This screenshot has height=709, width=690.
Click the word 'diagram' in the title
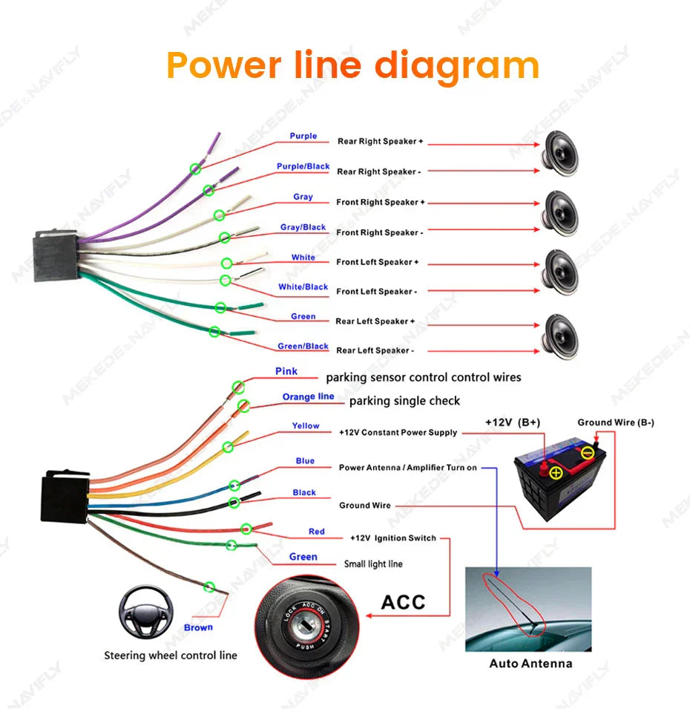[x=456, y=66]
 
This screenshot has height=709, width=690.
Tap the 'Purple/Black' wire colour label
[x=303, y=166]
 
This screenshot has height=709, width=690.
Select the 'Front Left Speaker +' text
[x=378, y=262]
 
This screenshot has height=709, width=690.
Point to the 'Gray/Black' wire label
[x=303, y=227]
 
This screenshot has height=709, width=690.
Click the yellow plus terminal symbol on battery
[x=556, y=471]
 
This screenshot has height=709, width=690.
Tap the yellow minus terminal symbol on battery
[x=587, y=452]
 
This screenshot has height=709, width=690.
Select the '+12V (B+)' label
[x=513, y=422]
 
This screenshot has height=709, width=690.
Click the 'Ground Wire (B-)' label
[x=616, y=422]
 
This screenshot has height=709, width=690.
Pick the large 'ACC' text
[x=403, y=601]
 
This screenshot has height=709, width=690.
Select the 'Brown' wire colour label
[x=198, y=627]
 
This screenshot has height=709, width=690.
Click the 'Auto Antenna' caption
[x=530, y=663]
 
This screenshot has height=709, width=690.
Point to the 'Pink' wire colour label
[x=286, y=371]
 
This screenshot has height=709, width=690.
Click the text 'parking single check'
[x=404, y=401]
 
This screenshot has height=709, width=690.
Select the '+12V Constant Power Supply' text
[x=398, y=432]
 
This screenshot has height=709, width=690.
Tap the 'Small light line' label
[x=373, y=564]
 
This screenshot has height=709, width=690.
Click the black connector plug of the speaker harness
[x=56, y=246]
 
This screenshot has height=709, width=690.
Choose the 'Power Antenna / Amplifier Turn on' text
[x=407, y=468]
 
